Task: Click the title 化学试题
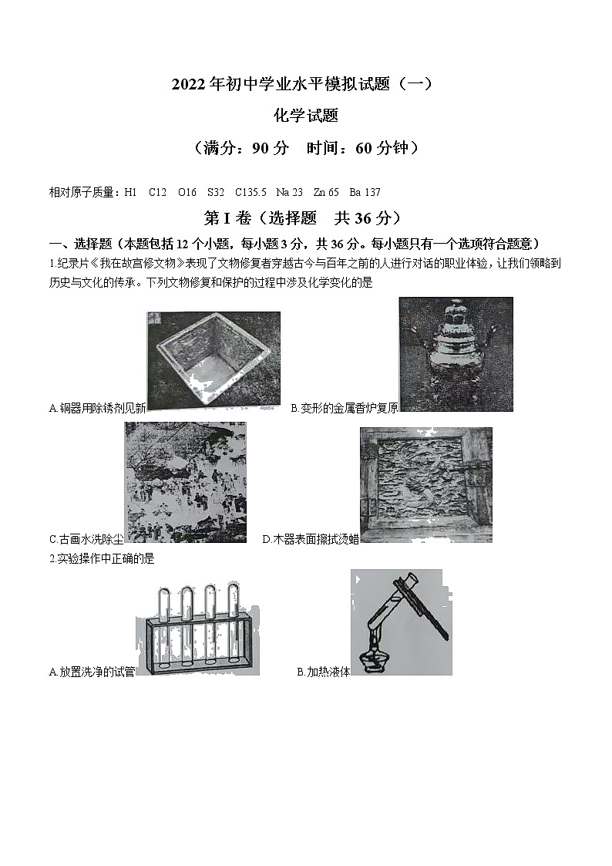(306, 116)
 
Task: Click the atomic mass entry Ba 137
(365, 192)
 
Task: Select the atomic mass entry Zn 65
(326, 192)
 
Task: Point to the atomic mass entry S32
(215, 192)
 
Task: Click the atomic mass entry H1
(130, 192)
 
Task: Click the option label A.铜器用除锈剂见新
(97, 409)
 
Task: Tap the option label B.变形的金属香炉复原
(344, 409)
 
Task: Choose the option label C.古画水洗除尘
(86, 540)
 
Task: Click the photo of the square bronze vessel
(214, 360)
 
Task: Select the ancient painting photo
(185, 482)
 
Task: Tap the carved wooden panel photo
(425, 484)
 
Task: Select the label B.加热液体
(323, 672)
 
